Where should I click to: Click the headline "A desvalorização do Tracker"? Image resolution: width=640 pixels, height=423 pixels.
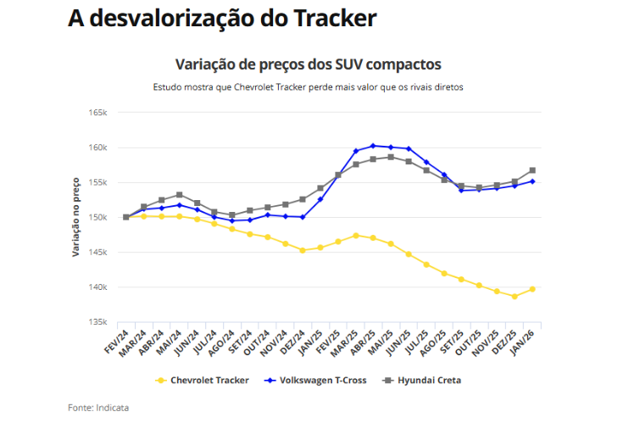[x=221, y=19]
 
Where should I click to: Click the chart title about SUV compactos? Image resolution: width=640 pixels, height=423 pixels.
[x=308, y=64]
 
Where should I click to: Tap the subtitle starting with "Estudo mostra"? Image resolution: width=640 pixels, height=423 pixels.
[x=308, y=87]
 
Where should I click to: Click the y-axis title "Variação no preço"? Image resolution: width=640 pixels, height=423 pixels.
[x=76, y=217]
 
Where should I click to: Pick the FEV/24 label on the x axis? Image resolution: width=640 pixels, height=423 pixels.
[x=117, y=340]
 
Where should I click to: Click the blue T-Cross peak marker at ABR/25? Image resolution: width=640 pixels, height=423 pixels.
[x=373, y=146]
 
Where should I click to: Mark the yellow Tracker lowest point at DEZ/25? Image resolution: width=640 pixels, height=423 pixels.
[x=515, y=296]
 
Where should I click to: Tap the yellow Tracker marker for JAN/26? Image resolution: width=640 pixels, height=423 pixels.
[x=532, y=289]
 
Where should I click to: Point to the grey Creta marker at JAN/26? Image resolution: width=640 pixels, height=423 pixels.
[x=532, y=170]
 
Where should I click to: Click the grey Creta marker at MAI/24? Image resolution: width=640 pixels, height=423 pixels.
[x=180, y=195]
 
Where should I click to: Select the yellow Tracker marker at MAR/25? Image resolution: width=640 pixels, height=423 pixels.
[x=356, y=236]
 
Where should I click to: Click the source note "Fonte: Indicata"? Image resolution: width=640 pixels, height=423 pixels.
[x=99, y=408]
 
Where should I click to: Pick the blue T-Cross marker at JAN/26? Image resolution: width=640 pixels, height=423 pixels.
[x=532, y=181]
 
